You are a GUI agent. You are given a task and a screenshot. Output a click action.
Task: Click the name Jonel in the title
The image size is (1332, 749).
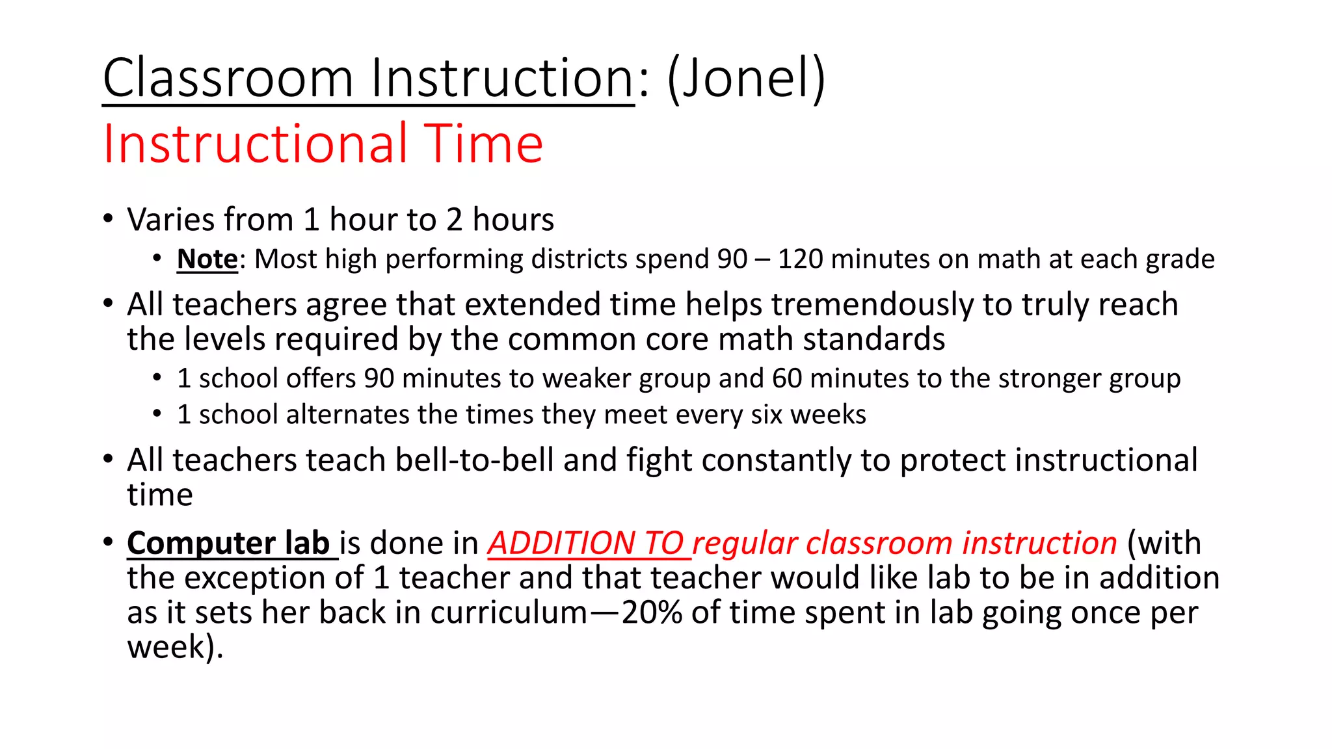click(747, 78)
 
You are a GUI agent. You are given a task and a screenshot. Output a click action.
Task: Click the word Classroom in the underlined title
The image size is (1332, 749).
click(228, 78)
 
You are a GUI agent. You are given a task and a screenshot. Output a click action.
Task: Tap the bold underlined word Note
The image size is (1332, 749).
click(207, 259)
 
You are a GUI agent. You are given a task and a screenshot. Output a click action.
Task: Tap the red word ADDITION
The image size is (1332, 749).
click(561, 543)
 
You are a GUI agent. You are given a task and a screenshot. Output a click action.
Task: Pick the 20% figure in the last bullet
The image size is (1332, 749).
click(652, 612)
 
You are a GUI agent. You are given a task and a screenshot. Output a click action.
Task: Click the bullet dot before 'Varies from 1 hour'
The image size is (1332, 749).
click(108, 218)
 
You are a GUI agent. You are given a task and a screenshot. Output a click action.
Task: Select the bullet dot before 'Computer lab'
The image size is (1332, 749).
click(108, 542)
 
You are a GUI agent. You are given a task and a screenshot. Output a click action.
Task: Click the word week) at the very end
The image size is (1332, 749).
click(174, 648)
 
